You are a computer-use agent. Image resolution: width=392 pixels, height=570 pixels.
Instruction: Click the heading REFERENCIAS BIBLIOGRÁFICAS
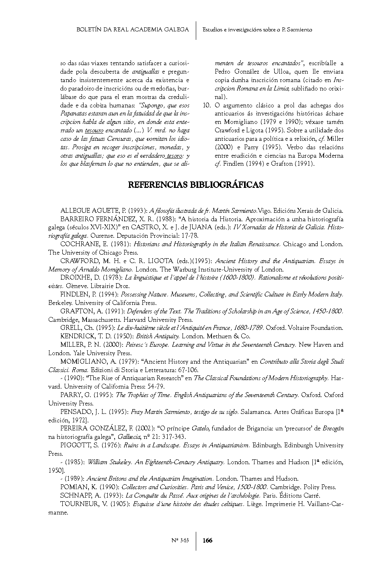(196, 185)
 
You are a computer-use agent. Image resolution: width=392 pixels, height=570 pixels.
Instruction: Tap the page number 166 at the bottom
(207, 540)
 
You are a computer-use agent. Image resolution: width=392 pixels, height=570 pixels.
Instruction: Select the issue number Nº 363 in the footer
(180, 540)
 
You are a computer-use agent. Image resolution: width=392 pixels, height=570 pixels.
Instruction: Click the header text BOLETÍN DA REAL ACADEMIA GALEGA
(133, 29)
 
